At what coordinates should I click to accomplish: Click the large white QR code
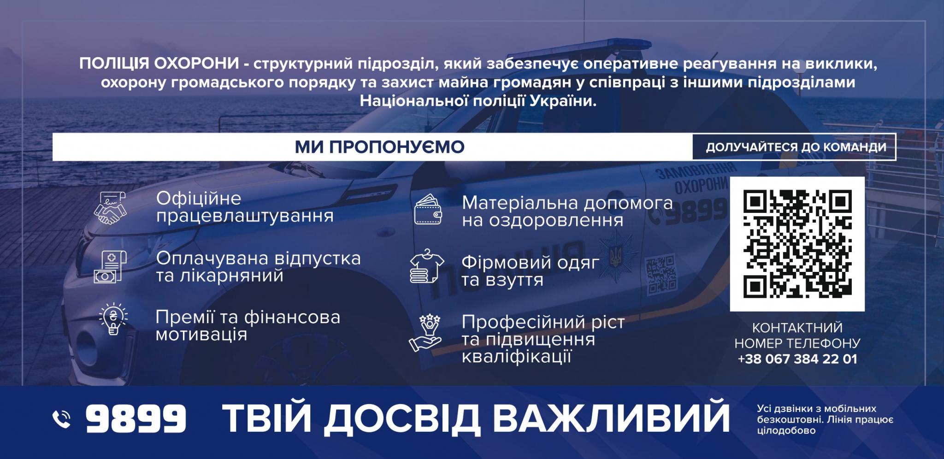pyautogui.click(x=797, y=244)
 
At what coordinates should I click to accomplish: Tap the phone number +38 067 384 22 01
pyautogui.click(x=797, y=359)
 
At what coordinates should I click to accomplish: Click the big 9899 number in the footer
pyautogui.click(x=136, y=418)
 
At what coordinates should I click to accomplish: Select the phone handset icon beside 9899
pyautogui.click(x=62, y=419)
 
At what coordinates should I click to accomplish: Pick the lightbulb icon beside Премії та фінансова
pyautogui.click(x=113, y=318)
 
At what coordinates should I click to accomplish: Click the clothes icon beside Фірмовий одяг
pyautogui.click(x=427, y=266)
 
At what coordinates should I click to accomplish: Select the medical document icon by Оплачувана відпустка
pyautogui.click(x=110, y=267)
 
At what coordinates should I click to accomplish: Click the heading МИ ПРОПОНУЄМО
pyautogui.click(x=380, y=147)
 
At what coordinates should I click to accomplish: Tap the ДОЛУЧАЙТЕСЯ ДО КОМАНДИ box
pyautogui.click(x=794, y=147)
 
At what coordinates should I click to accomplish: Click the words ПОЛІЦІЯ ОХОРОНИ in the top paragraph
pyautogui.click(x=159, y=63)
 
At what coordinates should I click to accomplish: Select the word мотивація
pyautogui.click(x=201, y=335)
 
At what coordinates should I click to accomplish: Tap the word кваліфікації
pyautogui.click(x=517, y=357)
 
